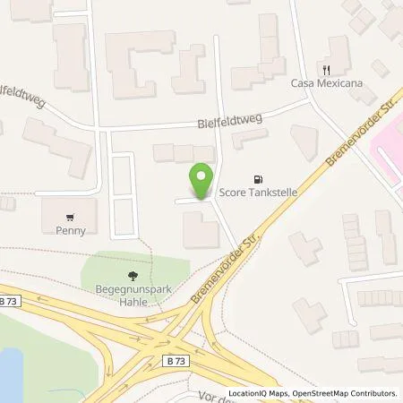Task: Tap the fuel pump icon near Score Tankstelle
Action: pyautogui.click(x=260, y=178)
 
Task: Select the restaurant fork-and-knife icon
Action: pyautogui.click(x=327, y=69)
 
